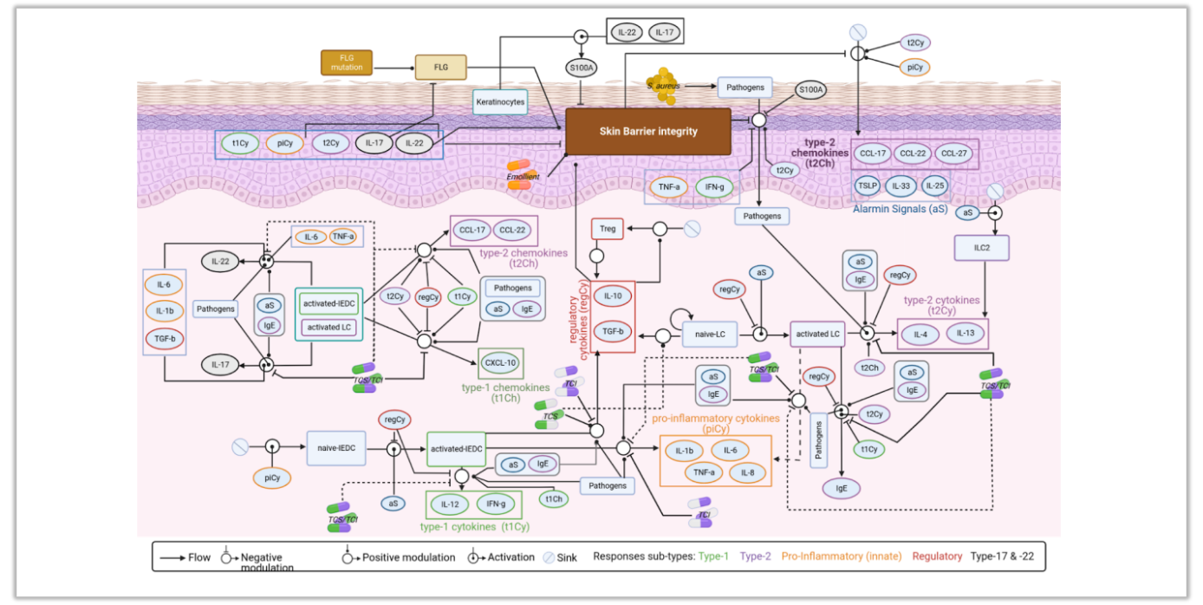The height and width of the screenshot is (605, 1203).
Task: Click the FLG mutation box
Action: click(x=347, y=62)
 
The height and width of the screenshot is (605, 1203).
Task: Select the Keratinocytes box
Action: click(x=501, y=101)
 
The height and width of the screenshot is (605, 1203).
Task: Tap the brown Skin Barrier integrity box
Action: click(x=648, y=132)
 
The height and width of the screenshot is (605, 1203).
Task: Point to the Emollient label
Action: click(x=523, y=177)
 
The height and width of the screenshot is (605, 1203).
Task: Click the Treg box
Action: click(x=608, y=229)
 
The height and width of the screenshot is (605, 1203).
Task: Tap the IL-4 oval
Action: click(x=920, y=334)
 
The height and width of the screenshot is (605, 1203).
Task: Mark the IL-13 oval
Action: click(x=965, y=334)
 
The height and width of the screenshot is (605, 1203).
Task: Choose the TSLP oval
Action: click(x=868, y=185)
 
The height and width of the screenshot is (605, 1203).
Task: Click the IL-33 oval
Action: click(x=902, y=185)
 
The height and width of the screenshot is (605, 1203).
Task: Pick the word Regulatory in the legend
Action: click(x=937, y=556)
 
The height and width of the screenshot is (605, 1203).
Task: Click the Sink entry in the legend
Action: click(x=559, y=557)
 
